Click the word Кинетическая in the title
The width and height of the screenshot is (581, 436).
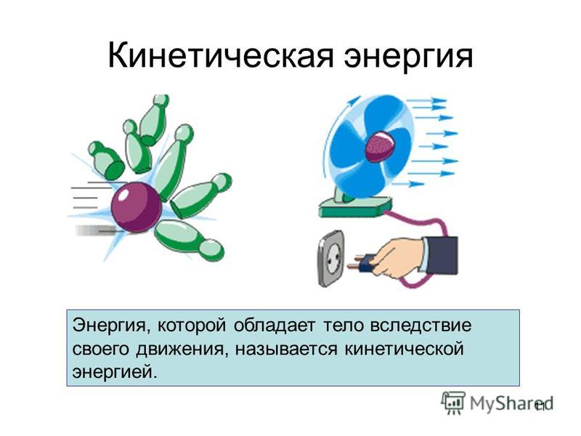click(221, 56)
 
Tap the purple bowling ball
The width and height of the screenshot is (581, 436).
click(137, 207)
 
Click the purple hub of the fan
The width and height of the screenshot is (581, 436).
click(381, 146)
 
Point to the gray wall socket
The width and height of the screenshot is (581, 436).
click(331, 259)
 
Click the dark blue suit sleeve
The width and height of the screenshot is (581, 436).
click(441, 255)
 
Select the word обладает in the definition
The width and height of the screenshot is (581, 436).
click(275, 326)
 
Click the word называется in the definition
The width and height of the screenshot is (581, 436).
click(286, 350)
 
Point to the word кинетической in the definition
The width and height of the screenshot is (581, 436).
click(405, 350)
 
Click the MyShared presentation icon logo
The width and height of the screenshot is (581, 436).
click(452, 403)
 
